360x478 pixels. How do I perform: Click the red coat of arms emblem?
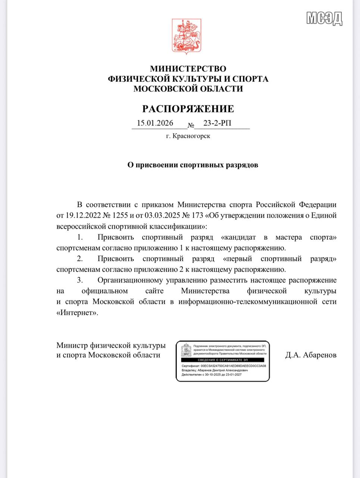pyautogui.click(x=187, y=35)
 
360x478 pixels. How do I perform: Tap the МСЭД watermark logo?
pyautogui.click(x=324, y=18)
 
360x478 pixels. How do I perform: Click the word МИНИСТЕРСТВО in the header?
pyautogui.click(x=188, y=69)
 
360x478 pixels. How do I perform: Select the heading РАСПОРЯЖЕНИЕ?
pyautogui.click(x=188, y=109)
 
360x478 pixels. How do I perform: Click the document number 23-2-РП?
pyautogui.click(x=217, y=123)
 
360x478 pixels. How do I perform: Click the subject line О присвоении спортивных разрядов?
pyautogui.click(x=193, y=165)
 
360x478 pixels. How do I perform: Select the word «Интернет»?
pyautogui.click(x=78, y=313)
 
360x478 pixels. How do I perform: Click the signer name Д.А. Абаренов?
pyautogui.click(x=311, y=355)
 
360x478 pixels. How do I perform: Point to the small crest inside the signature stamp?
pyautogui.click(x=186, y=350)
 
